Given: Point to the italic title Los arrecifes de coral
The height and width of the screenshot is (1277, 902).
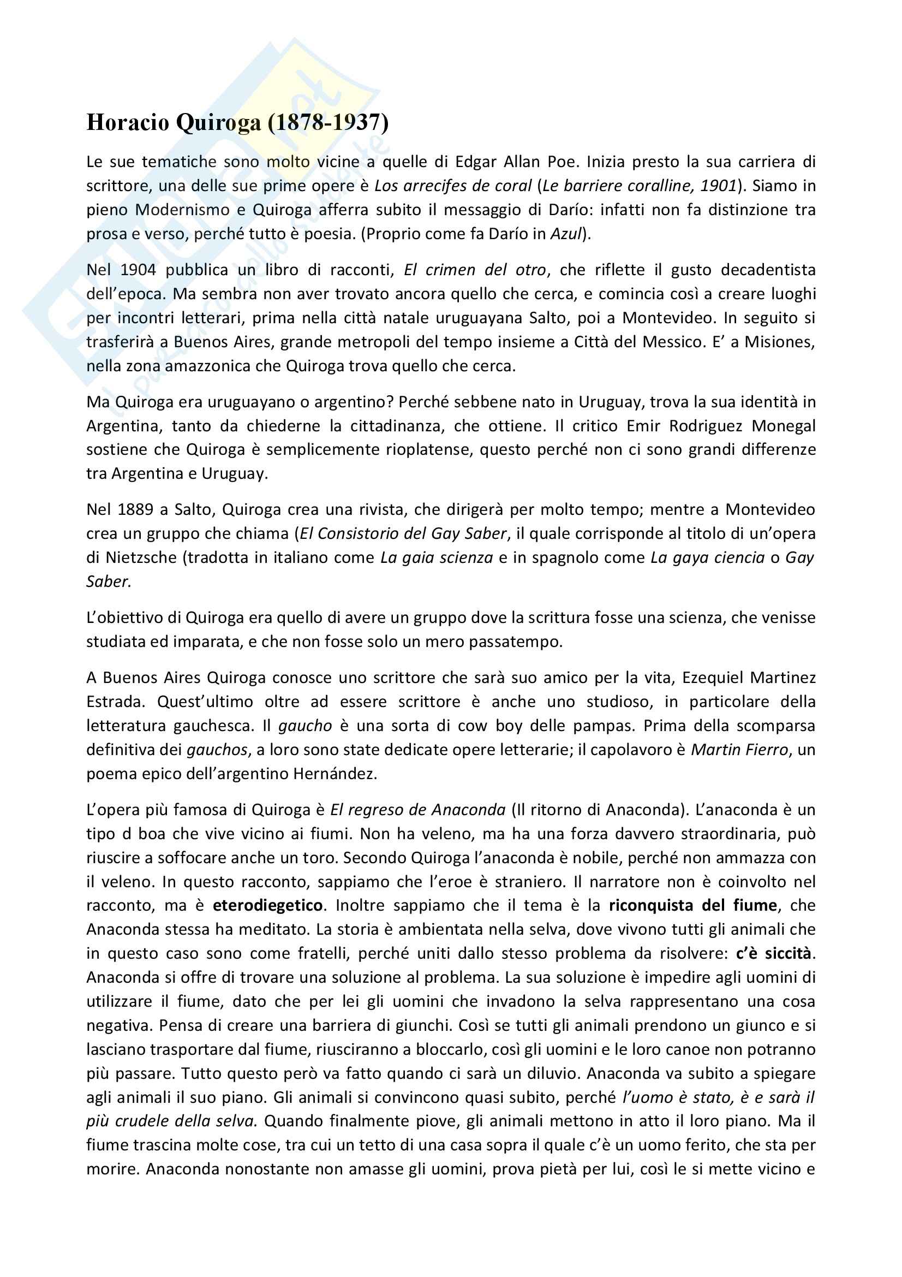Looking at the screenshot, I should point(453,186).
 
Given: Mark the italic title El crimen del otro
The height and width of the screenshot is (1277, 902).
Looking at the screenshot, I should point(475,270).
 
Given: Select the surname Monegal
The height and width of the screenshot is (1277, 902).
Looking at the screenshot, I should point(784,426).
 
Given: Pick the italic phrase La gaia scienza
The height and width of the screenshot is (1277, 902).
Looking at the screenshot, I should point(437,557).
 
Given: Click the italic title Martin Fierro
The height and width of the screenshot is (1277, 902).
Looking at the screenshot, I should point(739,750).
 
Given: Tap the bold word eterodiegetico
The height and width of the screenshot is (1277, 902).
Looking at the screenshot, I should point(268,905).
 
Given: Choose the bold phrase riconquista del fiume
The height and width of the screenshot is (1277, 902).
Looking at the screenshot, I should point(692,905).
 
